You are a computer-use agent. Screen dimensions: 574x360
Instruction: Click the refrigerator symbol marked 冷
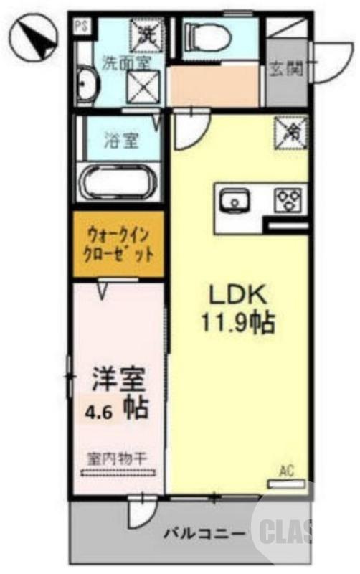[x=293, y=131]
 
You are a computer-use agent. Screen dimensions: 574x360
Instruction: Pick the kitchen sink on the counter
[x=234, y=202]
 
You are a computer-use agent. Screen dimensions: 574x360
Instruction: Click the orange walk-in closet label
[x=118, y=244]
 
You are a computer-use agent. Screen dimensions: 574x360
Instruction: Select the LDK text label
[x=237, y=294]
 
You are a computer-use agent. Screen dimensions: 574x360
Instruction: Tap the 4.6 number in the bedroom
[x=100, y=413]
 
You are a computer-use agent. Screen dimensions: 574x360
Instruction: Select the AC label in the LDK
[x=287, y=471]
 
